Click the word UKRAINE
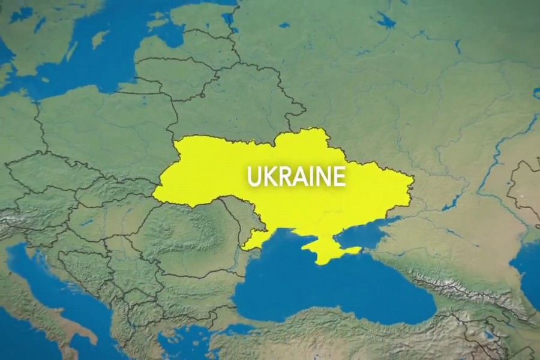pyautogui.click(x=296, y=176)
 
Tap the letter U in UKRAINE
pyautogui.click(x=254, y=176)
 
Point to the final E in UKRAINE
pyautogui.click(x=340, y=176)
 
